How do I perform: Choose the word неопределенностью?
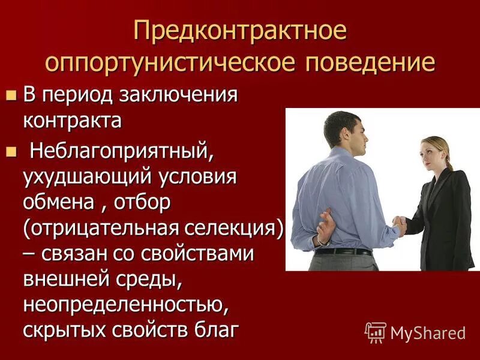click(126, 304)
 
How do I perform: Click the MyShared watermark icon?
click(375, 332)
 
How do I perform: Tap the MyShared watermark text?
click(428, 332)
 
